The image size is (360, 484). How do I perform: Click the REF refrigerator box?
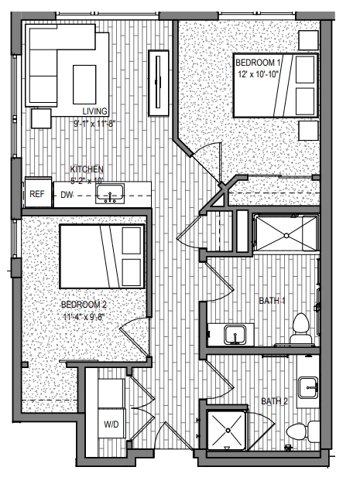click(37, 194)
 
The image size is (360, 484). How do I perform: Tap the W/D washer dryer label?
click(111, 424)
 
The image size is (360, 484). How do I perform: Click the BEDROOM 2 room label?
click(84, 305)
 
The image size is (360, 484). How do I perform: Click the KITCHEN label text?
click(86, 169)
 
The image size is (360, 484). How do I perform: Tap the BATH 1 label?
click(273, 301)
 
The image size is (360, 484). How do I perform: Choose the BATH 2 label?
click(273, 400)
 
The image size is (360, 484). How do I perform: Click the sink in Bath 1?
click(233, 335)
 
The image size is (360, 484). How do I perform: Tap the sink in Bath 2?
click(308, 387)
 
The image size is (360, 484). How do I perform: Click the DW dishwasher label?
click(68, 195)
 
